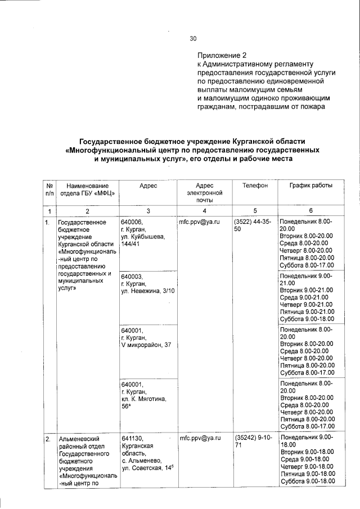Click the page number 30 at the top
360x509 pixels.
point(193,39)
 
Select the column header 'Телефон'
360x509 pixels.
point(255,185)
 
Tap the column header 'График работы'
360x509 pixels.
point(310,185)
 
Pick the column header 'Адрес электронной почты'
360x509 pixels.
point(201,192)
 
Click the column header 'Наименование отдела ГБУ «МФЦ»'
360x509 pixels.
point(87,189)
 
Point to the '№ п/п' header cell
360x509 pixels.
point(49,189)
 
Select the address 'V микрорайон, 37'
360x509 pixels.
point(146,344)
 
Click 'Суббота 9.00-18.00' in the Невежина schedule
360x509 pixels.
point(307,318)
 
